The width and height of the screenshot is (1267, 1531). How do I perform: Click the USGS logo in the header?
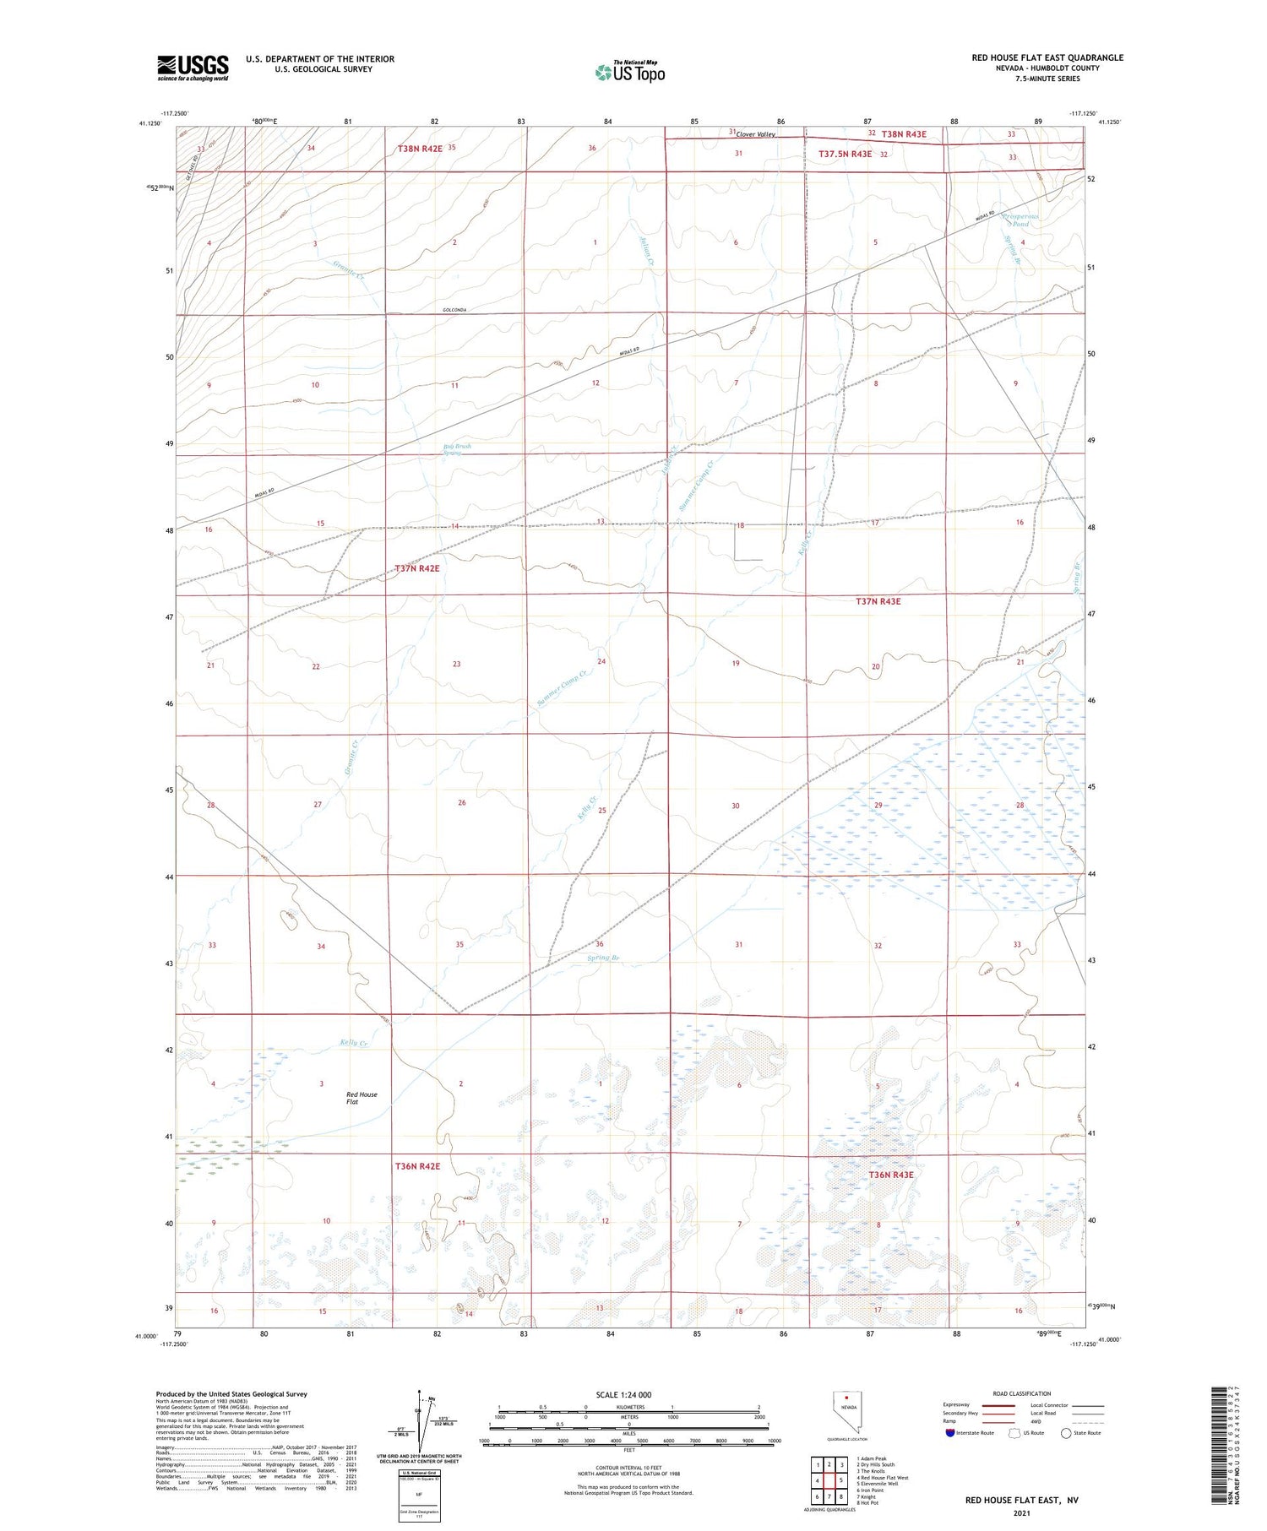coord(193,68)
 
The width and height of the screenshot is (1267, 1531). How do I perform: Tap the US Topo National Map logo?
coord(630,72)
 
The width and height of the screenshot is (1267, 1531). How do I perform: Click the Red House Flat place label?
coord(362,1098)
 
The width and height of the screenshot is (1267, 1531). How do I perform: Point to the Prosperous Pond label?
coord(1020,220)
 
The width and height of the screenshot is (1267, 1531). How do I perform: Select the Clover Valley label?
coord(755,134)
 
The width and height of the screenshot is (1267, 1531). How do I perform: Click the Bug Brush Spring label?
coord(457,449)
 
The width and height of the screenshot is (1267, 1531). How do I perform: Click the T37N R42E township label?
coord(417,569)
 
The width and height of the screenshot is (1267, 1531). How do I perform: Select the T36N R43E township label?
coord(890,1175)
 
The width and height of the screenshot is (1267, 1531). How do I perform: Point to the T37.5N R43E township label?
coord(845,155)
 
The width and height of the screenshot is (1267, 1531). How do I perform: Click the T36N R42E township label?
coord(417,1166)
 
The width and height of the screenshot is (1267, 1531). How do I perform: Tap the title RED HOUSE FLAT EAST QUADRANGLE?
coord(1047,57)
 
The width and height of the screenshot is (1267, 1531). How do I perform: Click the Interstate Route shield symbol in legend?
coord(950,1432)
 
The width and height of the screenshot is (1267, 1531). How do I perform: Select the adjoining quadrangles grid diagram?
coord(829,1479)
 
